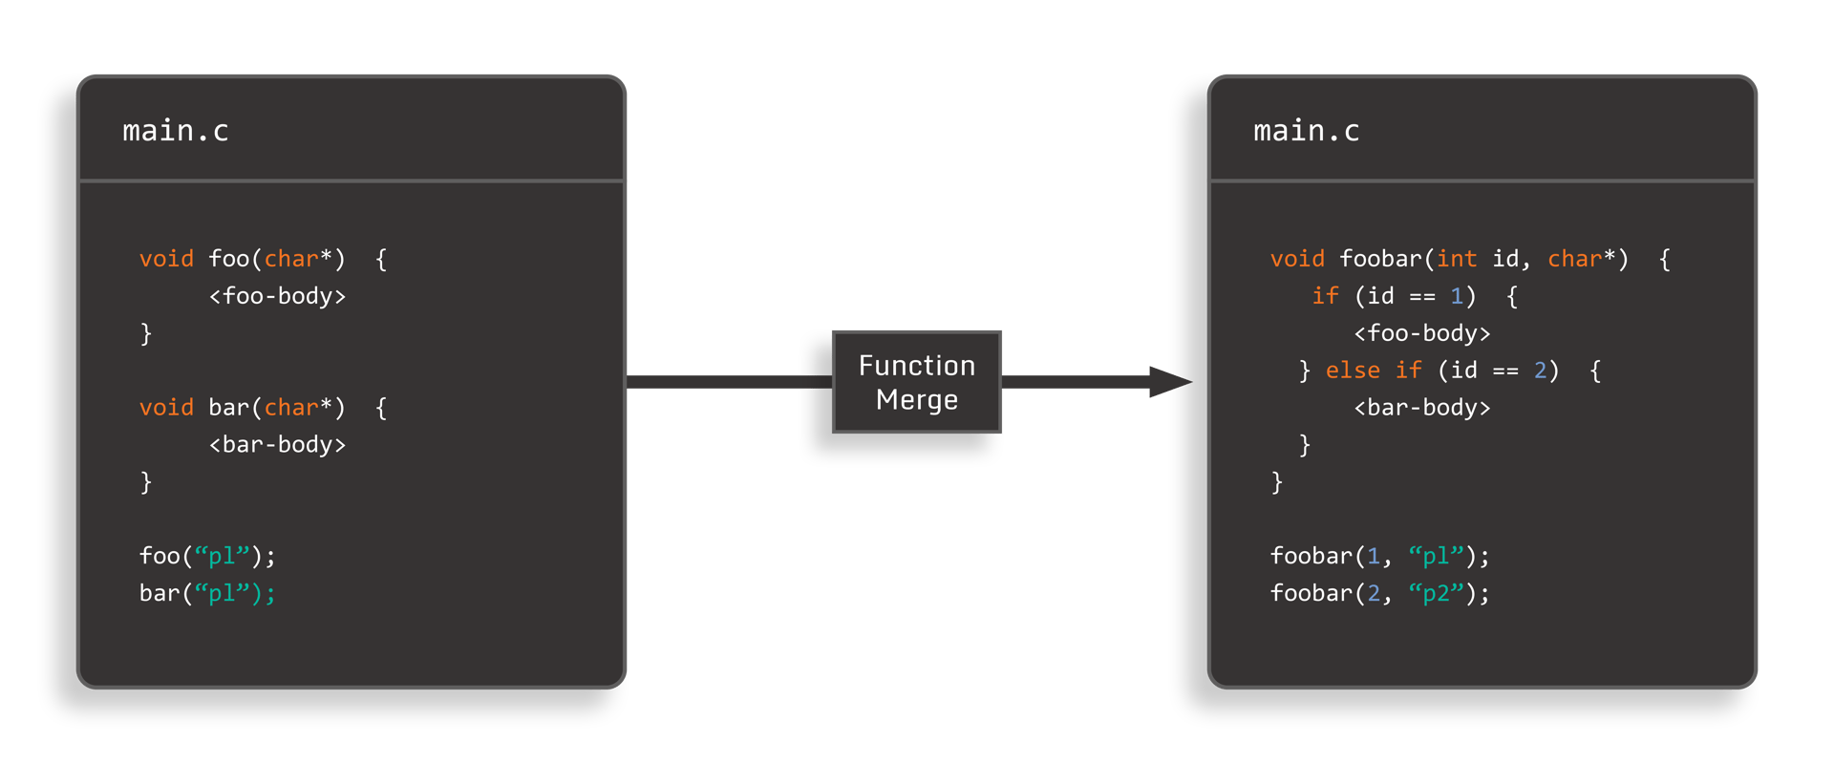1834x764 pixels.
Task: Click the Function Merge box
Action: pos(917,382)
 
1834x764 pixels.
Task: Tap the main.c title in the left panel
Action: pos(176,131)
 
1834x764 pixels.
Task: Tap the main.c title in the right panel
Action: pos(1306,131)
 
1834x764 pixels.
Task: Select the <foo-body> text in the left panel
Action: pos(277,296)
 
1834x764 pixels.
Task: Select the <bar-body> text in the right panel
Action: pos(1421,408)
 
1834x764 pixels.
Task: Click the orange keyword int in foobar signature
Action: pos(1457,259)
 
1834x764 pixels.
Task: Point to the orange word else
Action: pos(1353,371)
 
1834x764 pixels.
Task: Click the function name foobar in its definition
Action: pos(1380,259)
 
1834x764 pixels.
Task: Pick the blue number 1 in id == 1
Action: pos(1457,296)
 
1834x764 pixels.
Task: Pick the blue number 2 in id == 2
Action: pos(1540,371)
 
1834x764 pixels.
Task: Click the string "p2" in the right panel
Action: pos(1436,594)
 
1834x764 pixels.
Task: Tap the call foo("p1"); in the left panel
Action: pos(207,556)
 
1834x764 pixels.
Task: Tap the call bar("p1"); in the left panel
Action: pos(207,593)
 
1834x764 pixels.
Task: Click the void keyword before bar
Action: pos(166,408)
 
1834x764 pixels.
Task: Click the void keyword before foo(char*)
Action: pos(166,259)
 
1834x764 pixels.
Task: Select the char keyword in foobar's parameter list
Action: pos(1574,259)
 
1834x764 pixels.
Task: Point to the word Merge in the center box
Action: pos(917,400)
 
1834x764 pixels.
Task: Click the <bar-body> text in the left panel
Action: pos(277,445)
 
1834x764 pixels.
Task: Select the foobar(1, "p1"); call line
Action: pos(1379,556)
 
